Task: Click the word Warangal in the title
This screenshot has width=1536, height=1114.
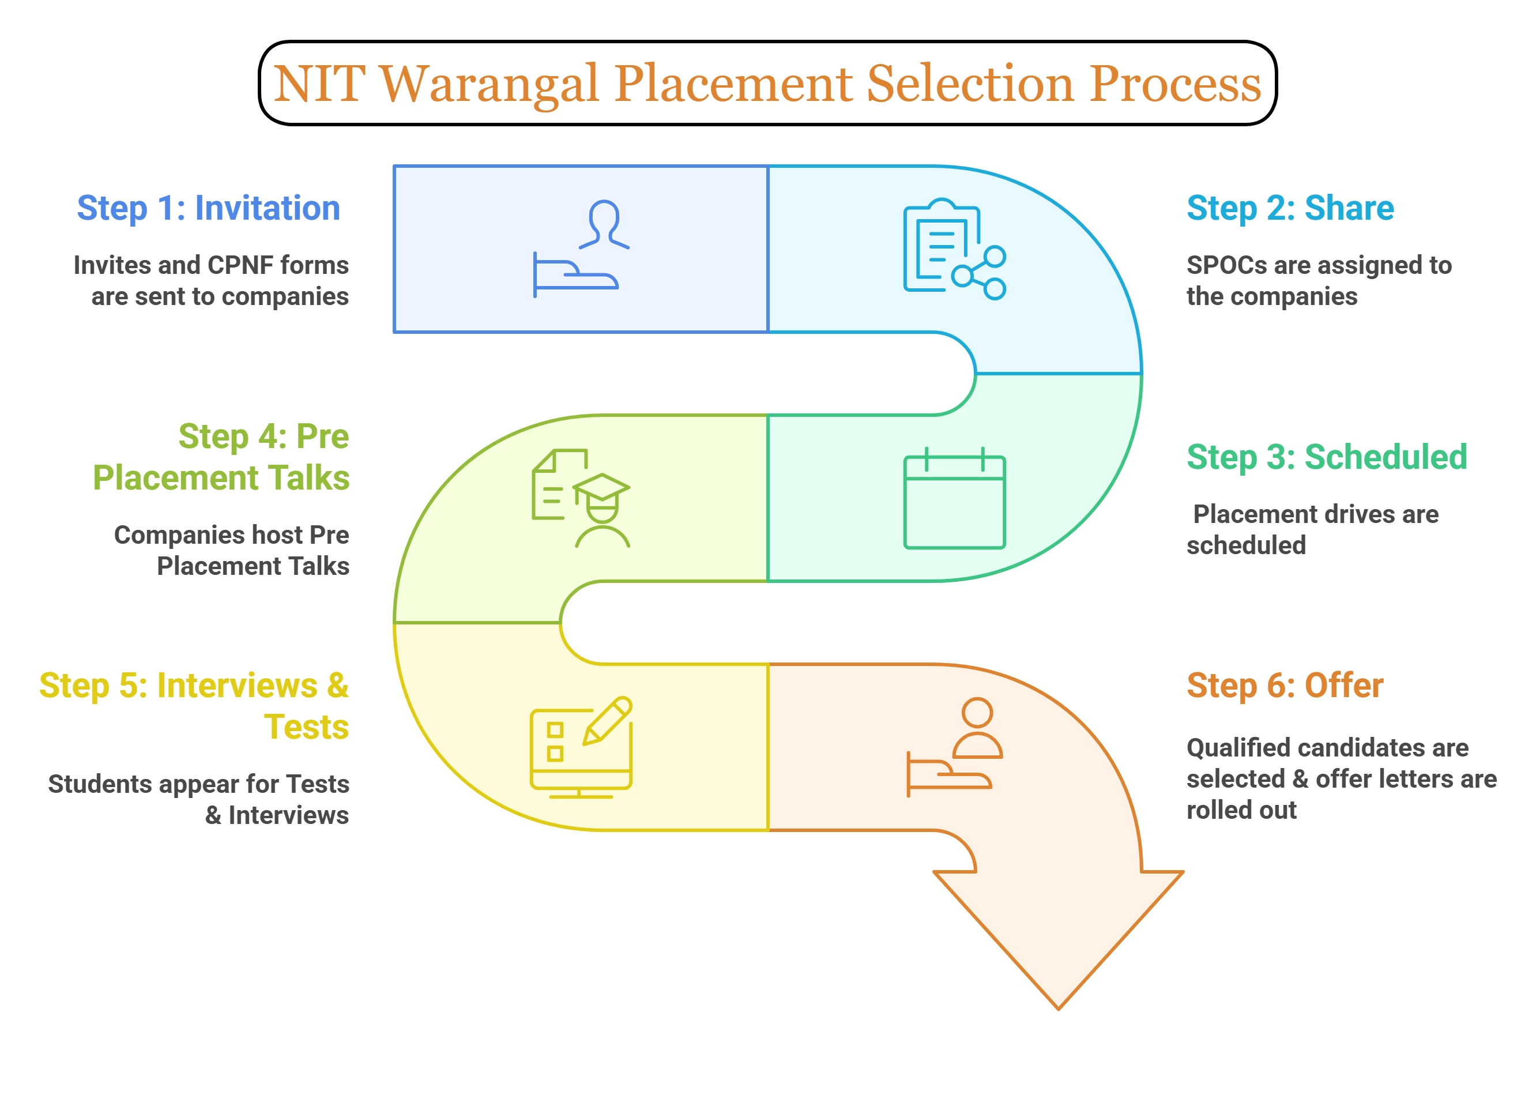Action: [x=489, y=84]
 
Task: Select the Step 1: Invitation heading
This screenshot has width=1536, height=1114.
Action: [x=208, y=208]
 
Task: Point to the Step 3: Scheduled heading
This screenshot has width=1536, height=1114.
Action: [x=1326, y=457]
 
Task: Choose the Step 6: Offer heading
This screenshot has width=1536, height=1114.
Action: [x=1284, y=686]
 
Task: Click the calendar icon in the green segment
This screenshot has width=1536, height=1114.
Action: [x=954, y=500]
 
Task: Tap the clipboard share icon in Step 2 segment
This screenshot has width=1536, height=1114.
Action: [x=954, y=249]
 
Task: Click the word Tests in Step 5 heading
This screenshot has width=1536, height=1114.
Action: [x=306, y=727]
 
